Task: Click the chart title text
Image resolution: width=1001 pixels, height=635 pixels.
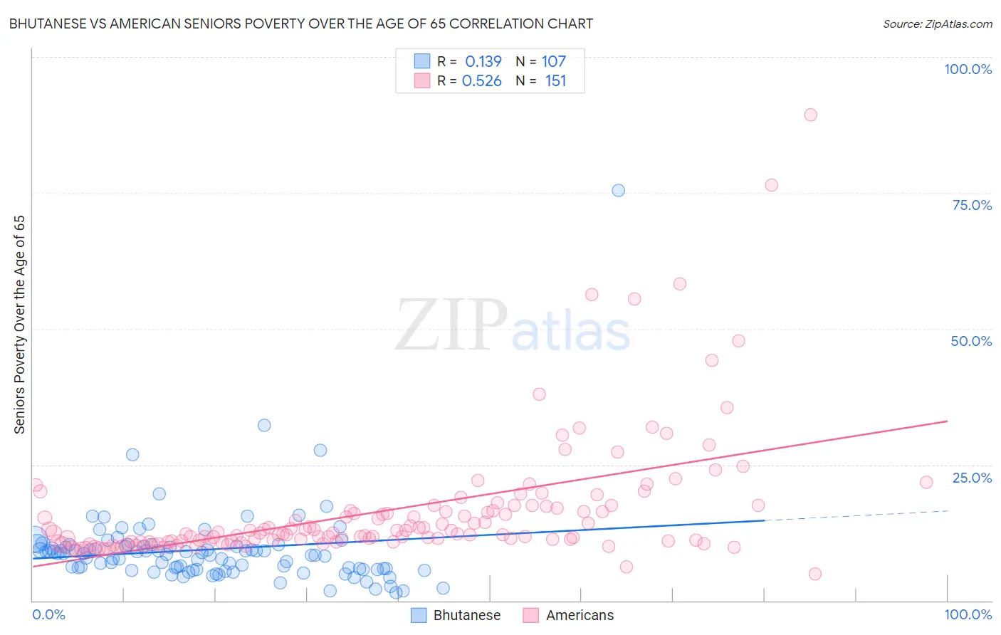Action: click(300, 23)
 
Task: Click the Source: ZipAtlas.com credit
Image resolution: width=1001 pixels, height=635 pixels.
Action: click(937, 23)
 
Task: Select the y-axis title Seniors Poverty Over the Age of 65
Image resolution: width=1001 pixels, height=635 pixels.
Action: click(19, 324)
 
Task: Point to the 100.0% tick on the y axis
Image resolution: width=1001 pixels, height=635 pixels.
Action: click(968, 69)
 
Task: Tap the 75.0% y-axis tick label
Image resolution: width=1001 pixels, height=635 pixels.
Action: click(972, 205)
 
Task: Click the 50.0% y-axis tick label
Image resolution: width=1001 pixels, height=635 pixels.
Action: click(971, 341)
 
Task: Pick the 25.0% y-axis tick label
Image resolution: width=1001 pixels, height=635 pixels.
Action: click(972, 478)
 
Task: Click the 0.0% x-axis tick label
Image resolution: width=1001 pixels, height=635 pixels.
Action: click(48, 614)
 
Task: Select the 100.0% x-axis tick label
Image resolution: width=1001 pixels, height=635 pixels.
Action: click(968, 614)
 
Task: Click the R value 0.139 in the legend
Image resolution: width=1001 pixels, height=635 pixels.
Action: click(483, 62)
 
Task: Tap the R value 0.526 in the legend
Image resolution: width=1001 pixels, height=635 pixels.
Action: click(482, 81)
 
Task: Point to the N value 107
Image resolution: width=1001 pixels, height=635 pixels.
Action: click(553, 62)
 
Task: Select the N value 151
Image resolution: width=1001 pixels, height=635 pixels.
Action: click(555, 81)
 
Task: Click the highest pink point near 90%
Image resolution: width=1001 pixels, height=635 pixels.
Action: click(810, 115)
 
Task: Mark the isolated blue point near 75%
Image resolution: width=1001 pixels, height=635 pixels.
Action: click(618, 190)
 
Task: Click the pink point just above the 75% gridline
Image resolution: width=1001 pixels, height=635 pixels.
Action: click(771, 185)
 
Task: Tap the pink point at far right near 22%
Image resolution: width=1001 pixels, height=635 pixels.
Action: click(926, 482)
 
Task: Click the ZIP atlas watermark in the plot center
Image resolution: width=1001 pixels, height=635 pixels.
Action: click(513, 325)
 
